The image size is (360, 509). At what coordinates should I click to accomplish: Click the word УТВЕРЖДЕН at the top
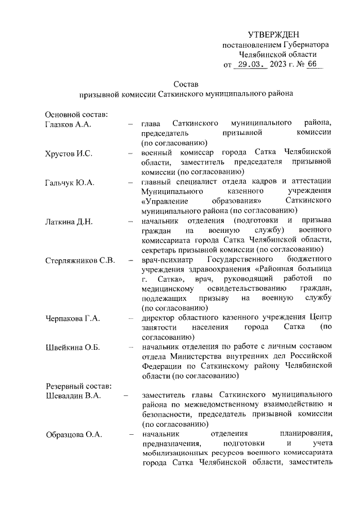pos(275,35)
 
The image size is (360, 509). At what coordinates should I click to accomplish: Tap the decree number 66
pos(312,64)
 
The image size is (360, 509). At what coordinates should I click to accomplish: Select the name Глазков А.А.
pos(67,123)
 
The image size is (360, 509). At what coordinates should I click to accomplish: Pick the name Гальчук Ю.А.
pos(69,182)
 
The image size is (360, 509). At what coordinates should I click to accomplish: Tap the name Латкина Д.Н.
pos(69,222)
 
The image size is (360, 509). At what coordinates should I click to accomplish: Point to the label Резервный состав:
pos(78,386)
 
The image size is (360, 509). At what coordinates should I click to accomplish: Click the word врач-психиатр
pos(168,260)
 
